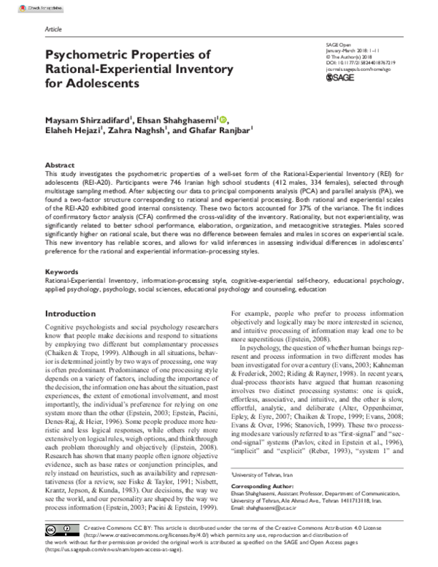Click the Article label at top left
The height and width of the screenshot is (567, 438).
[53, 30]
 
